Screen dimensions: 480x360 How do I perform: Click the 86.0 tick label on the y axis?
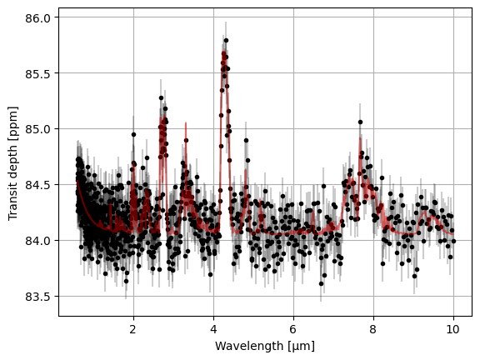coord(37,18)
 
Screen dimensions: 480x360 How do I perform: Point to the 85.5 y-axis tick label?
coord(37,74)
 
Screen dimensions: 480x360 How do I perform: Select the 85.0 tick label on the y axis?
coord(37,129)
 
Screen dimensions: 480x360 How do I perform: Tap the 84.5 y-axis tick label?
coord(37,185)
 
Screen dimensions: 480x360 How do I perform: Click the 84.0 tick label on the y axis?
coord(37,241)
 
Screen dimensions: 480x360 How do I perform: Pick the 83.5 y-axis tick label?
coord(37,297)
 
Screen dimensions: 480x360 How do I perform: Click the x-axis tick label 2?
coord(133,329)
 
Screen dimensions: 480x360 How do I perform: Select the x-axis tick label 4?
coord(213,329)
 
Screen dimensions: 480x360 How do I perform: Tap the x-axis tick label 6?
coord(293,329)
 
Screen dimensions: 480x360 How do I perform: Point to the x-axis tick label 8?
coord(373,329)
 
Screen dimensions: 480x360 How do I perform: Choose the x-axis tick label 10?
coord(453,329)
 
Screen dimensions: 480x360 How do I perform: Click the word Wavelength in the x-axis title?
coord(249,346)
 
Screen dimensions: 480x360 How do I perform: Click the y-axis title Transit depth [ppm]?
coord(12,163)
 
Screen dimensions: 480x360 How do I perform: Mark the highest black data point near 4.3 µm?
coord(226,40)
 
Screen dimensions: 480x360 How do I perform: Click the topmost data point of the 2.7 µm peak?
coord(161,98)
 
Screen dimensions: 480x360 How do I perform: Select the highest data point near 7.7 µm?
coord(360,122)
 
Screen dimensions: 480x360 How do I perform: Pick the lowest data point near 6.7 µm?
coord(321,284)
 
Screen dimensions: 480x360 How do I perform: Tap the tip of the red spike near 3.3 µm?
coord(186,122)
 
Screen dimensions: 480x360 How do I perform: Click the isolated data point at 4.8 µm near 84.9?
coord(246,141)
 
